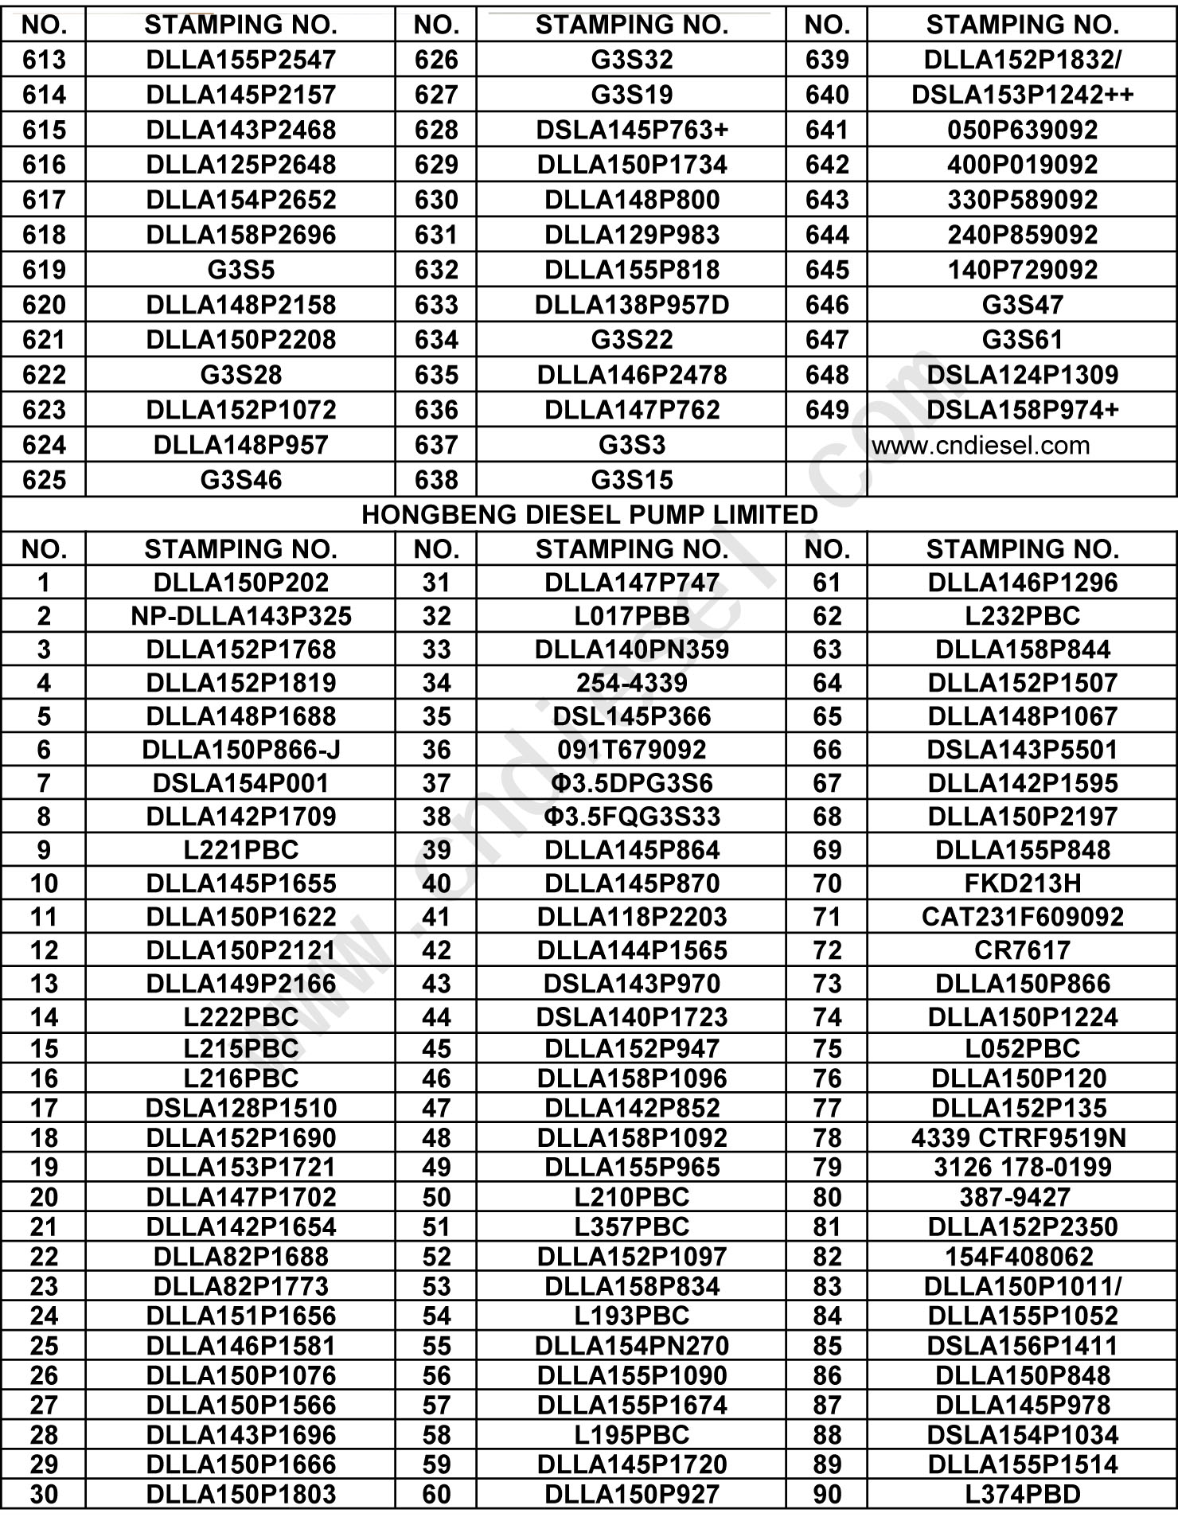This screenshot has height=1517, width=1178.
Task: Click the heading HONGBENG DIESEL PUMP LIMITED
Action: tap(589, 515)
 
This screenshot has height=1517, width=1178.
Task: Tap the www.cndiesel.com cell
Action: tap(981, 445)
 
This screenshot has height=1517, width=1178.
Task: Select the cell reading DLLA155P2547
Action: tap(240, 60)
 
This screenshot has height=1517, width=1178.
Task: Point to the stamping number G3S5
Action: tap(240, 270)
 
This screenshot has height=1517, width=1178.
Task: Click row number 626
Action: tap(436, 60)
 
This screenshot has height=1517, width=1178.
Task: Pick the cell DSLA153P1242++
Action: tap(1022, 95)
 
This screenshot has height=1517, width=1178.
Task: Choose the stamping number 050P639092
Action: tap(1022, 130)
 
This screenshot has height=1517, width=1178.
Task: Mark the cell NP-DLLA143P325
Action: tap(240, 616)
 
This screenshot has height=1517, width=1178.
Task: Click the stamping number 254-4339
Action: tap(631, 683)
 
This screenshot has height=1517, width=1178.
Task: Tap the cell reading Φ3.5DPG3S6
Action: tap(631, 783)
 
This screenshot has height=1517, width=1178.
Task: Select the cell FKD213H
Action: tap(1022, 883)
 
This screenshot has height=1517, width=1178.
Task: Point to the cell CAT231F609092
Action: tap(1022, 917)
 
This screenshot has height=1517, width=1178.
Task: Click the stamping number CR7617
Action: tap(1022, 950)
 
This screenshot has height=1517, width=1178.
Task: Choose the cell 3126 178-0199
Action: tap(1022, 1168)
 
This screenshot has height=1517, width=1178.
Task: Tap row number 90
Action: tap(827, 1495)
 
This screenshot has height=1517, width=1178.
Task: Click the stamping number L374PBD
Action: tap(1022, 1495)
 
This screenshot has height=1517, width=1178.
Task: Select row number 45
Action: tap(436, 1049)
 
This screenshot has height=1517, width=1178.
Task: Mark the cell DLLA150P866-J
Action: tap(240, 750)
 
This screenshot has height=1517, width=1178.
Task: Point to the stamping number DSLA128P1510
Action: tap(240, 1108)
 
